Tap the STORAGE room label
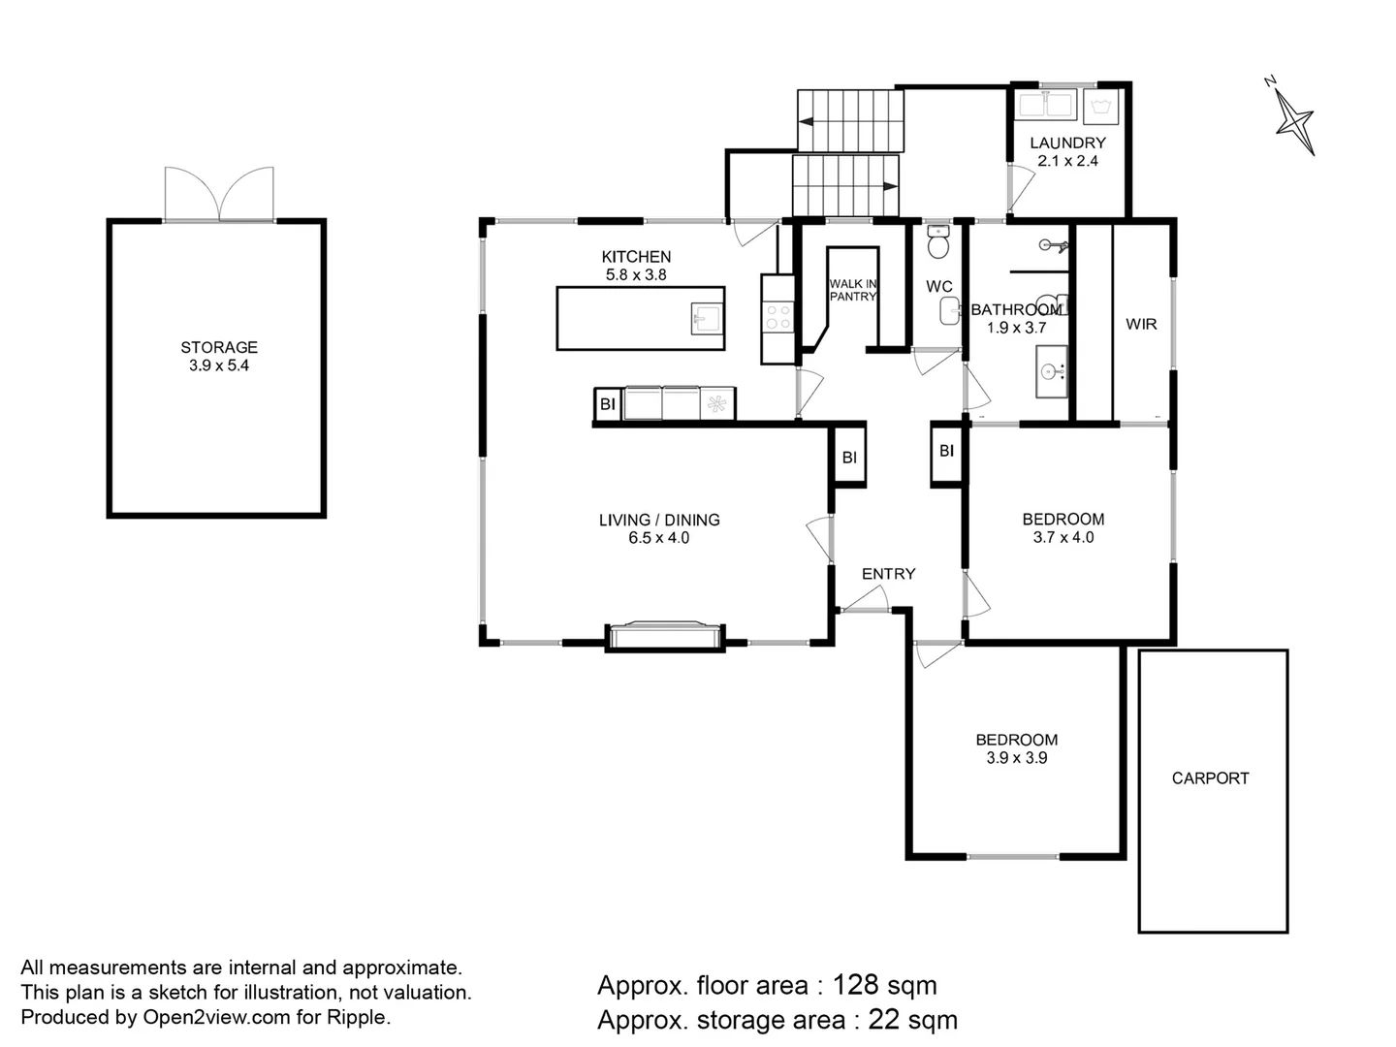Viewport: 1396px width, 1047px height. click(219, 347)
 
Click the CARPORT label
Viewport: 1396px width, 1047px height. click(1210, 778)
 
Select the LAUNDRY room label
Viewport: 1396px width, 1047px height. click(1067, 143)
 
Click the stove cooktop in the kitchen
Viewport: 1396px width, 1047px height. click(778, 317)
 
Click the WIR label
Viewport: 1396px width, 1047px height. click(1141, 324)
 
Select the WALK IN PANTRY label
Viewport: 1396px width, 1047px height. click(852, 290)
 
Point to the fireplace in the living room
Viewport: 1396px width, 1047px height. click(664, 635)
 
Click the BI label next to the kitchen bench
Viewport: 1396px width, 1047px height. click(608, 404)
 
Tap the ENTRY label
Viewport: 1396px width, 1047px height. click(888, 574)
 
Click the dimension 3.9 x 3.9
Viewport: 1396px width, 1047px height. click(1016, 758)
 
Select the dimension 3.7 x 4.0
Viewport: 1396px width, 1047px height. click(1063, 537)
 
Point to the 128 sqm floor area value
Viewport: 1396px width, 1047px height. click(884, 986)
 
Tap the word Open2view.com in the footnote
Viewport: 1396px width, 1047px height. click(203, 1017)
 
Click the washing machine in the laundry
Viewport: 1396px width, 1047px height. click(1100, 106)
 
